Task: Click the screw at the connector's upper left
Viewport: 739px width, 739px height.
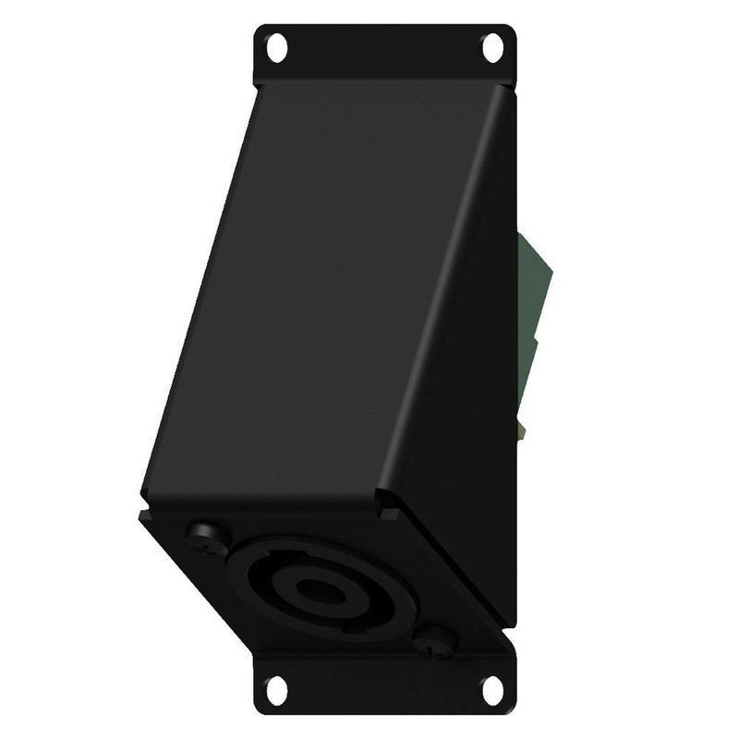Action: [x=201, y=535]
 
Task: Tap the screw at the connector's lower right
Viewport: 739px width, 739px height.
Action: [x=433, y=644]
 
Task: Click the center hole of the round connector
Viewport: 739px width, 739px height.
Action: [x=318, y=591]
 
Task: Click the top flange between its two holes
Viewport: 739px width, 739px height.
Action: [x=383, y=51]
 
